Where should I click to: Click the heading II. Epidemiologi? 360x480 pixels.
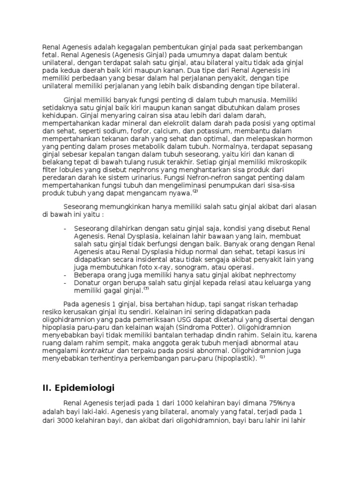click(x=78, y=388)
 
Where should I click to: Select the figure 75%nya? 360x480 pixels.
click(x=283, y=404)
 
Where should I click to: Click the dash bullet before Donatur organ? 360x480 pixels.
click(x=64, y=283)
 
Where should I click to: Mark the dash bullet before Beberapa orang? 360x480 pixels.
click(x=64, y=275)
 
